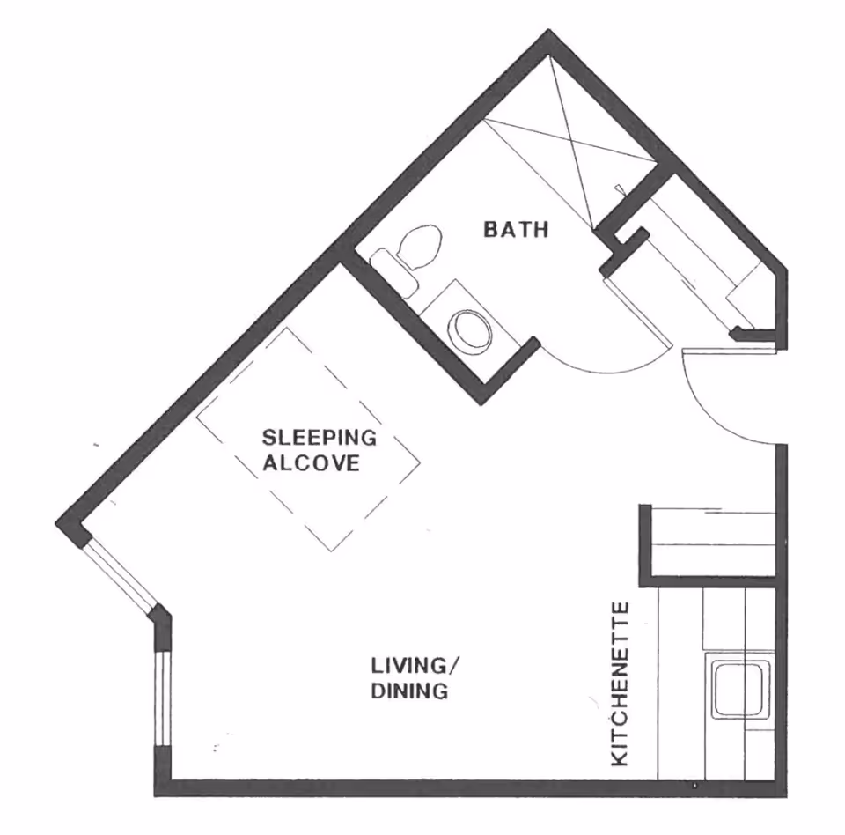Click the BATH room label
pos(517,230)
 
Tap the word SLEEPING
pos(320,437)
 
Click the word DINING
pos(409,691)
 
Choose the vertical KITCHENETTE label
pos(621,683)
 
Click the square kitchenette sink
pos(742,689)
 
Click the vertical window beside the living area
pos(160,698)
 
